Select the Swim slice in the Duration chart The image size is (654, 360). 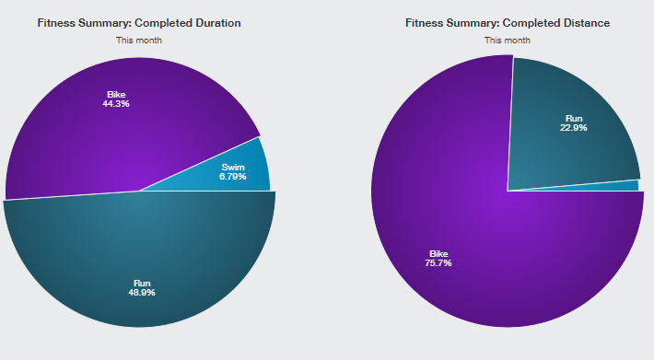pos(234,171)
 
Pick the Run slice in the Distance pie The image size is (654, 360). pos(571,125)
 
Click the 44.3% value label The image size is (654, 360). pos(116,104)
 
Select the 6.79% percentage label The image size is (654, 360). pos(233,177)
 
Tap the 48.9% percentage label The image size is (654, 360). pos(142,293)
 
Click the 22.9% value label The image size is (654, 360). pos(574,127)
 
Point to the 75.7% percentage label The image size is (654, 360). pos(438,263)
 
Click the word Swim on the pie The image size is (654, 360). pos(233,168)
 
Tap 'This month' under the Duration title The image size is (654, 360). pos(139,41)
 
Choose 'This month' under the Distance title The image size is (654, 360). pos(508,41)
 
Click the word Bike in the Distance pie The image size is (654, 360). pos(438,254)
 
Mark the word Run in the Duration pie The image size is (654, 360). pos(142,284)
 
